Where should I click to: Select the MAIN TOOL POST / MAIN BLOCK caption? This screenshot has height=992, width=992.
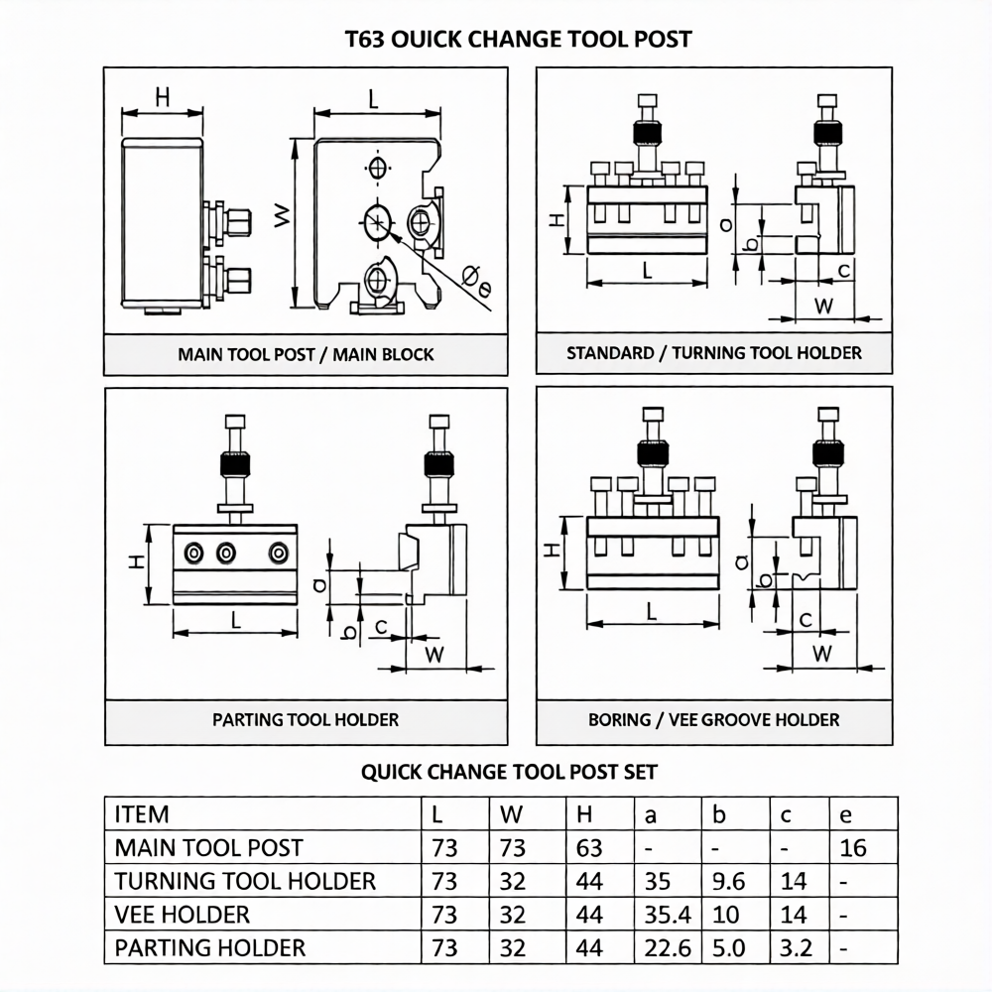[x=306, y=354]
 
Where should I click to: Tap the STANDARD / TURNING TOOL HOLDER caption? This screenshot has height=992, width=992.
[x=714, y=352]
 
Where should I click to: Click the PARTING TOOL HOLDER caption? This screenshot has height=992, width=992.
[x=306, y=719]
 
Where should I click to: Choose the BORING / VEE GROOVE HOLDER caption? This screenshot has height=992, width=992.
[x=714, y=719]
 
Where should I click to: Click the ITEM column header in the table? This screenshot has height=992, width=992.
[x=142, y=814]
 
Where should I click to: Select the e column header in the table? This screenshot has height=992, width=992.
[x=846, y=815]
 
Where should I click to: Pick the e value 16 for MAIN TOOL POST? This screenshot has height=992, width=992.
[x=852, y=848]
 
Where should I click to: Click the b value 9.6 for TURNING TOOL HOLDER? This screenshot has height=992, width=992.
[x=728, y=881]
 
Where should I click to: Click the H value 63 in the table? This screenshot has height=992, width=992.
[x=589, y=848]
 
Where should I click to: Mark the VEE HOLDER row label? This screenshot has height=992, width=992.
[x=183, y=914]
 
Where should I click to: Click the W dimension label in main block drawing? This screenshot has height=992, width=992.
[x=283, y=215]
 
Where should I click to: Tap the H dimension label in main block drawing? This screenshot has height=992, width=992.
[x=163, y=96]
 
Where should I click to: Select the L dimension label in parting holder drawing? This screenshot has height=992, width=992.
[x=236, y=621]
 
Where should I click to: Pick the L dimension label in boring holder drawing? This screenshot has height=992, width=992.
[x=652, y=612]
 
